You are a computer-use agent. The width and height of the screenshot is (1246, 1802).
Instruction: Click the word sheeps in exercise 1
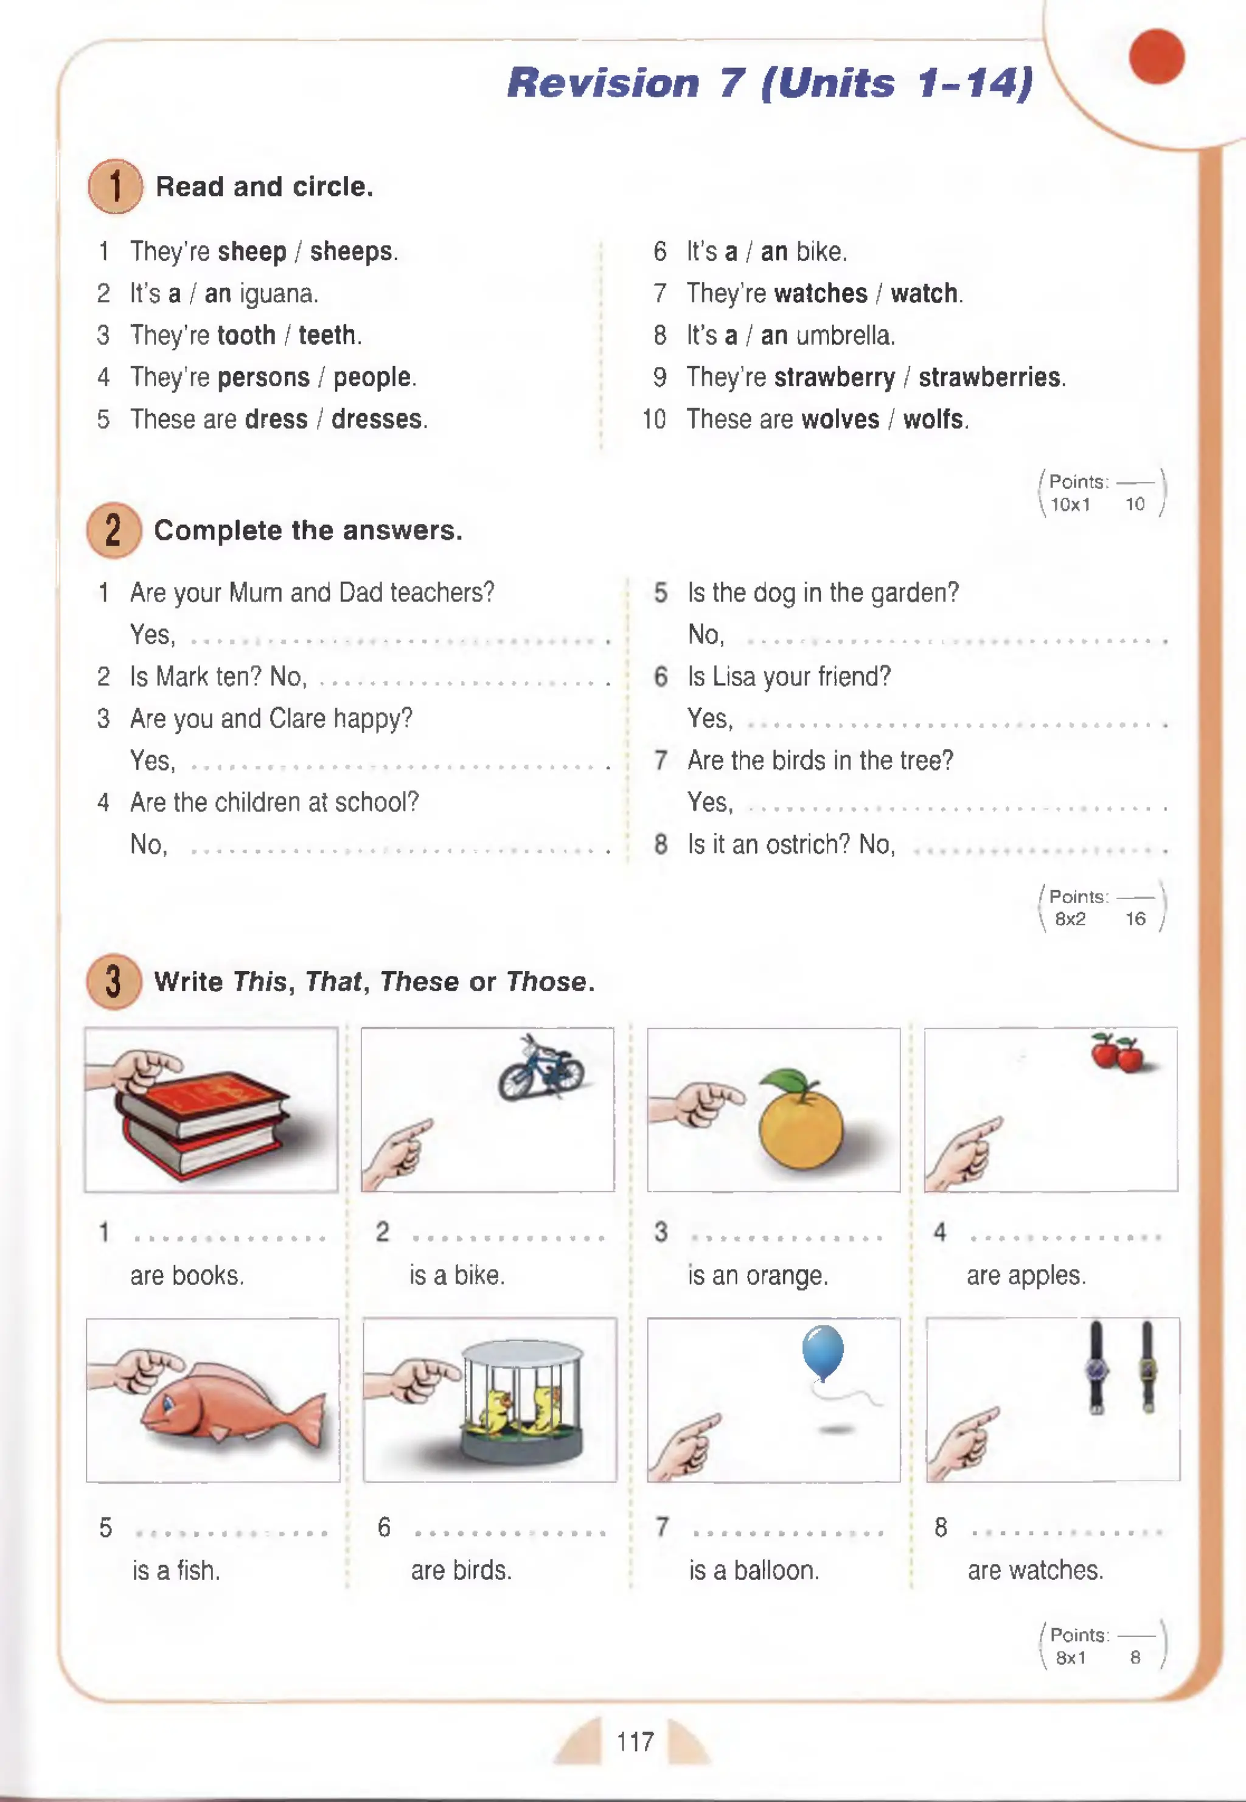click(x=351, y=251)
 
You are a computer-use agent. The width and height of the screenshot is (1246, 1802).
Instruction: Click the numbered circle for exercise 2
click(x=114, y=530)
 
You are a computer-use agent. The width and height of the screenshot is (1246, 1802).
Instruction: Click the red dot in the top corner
click(x=1156, y=56)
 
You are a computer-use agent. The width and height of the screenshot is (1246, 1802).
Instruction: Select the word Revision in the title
click(x=603, y=83)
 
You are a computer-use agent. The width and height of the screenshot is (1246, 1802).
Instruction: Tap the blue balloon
click(x=822, y=1350)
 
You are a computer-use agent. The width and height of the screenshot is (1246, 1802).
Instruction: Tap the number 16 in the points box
click(x=1135, y=919)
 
